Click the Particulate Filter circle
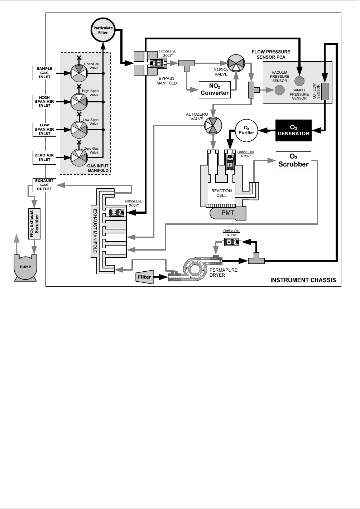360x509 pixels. point(103,30)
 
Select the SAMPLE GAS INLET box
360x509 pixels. point(44,73)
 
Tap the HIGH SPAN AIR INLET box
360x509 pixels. point(44,101)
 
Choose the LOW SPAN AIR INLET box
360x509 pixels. point(44,129)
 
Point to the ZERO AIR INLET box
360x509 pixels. point(44,157)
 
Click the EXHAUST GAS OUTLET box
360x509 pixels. point(44,185)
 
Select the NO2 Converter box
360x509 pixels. point(215,90)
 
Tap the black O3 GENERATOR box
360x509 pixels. point(293,130)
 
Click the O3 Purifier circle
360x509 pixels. point(246,131)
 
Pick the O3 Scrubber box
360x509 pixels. point(293,161)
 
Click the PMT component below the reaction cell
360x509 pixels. point(228,213)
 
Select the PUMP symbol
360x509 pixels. point(25,267)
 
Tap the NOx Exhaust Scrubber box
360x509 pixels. point(34,224)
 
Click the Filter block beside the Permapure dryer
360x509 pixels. point(145,277)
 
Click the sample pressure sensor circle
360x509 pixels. point(299,81)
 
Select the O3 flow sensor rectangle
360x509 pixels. point(325,91)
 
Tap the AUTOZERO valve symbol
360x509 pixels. point(213,125)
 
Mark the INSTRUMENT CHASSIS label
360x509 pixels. point(303,280)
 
